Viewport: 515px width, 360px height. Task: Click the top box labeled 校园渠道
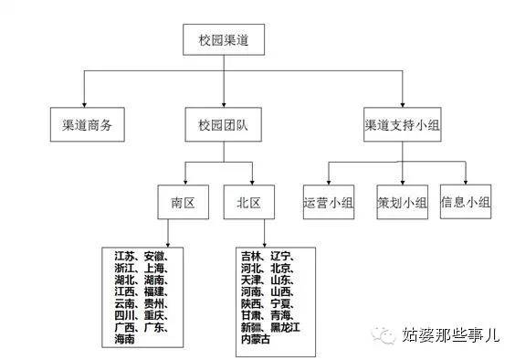pyautogui.click(x=225, y=42)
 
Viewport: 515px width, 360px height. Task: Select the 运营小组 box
pyautogui.click(x=329, y=202)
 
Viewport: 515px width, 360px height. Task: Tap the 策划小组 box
pyautogui.click(x=402, y=202)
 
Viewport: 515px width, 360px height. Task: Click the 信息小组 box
pyautogui.click(x=466, y=202)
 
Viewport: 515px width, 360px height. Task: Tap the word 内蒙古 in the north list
pyautogui.click(x=255, y=339)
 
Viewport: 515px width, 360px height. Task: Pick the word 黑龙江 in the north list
pyautogui.click(x=289, y=327)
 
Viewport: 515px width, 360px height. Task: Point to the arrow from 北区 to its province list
pyautogui.click(x=265, y=233)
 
